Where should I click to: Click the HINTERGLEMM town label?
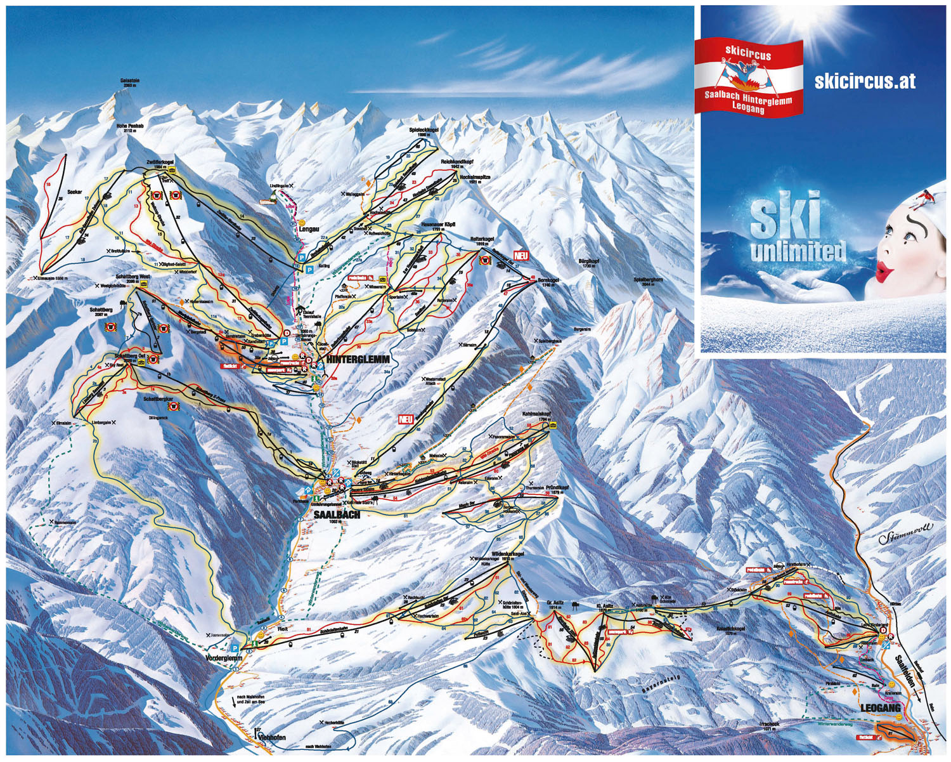pos(358,359)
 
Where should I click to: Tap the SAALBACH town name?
pos(337,515)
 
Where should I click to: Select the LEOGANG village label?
pos(880,707)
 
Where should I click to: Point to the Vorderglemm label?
pos(224,659)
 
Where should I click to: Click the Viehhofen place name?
pos(273,738)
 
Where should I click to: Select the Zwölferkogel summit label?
pos(160,162)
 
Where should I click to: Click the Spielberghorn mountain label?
pos(648,280)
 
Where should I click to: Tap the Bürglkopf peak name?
pos(588,261)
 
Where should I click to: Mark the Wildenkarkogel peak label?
pos(507,554)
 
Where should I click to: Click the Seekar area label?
pos(75,192)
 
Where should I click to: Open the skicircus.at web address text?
pos(865,81)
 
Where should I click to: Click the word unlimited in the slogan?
pos(798,251)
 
